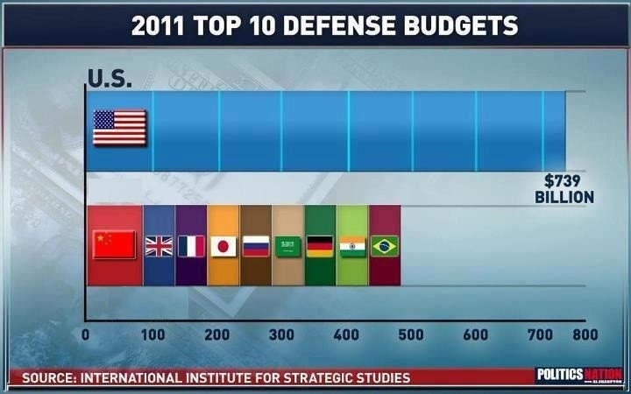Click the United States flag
119,128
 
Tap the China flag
114,244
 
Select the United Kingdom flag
160,245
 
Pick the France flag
191,245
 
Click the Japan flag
223,245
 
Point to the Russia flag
255,245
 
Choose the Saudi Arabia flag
288,246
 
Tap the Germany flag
321,246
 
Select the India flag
352,246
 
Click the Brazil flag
385,246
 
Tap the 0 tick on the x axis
86,334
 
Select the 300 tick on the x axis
281,334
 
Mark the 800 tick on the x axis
585,334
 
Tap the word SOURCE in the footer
50,378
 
